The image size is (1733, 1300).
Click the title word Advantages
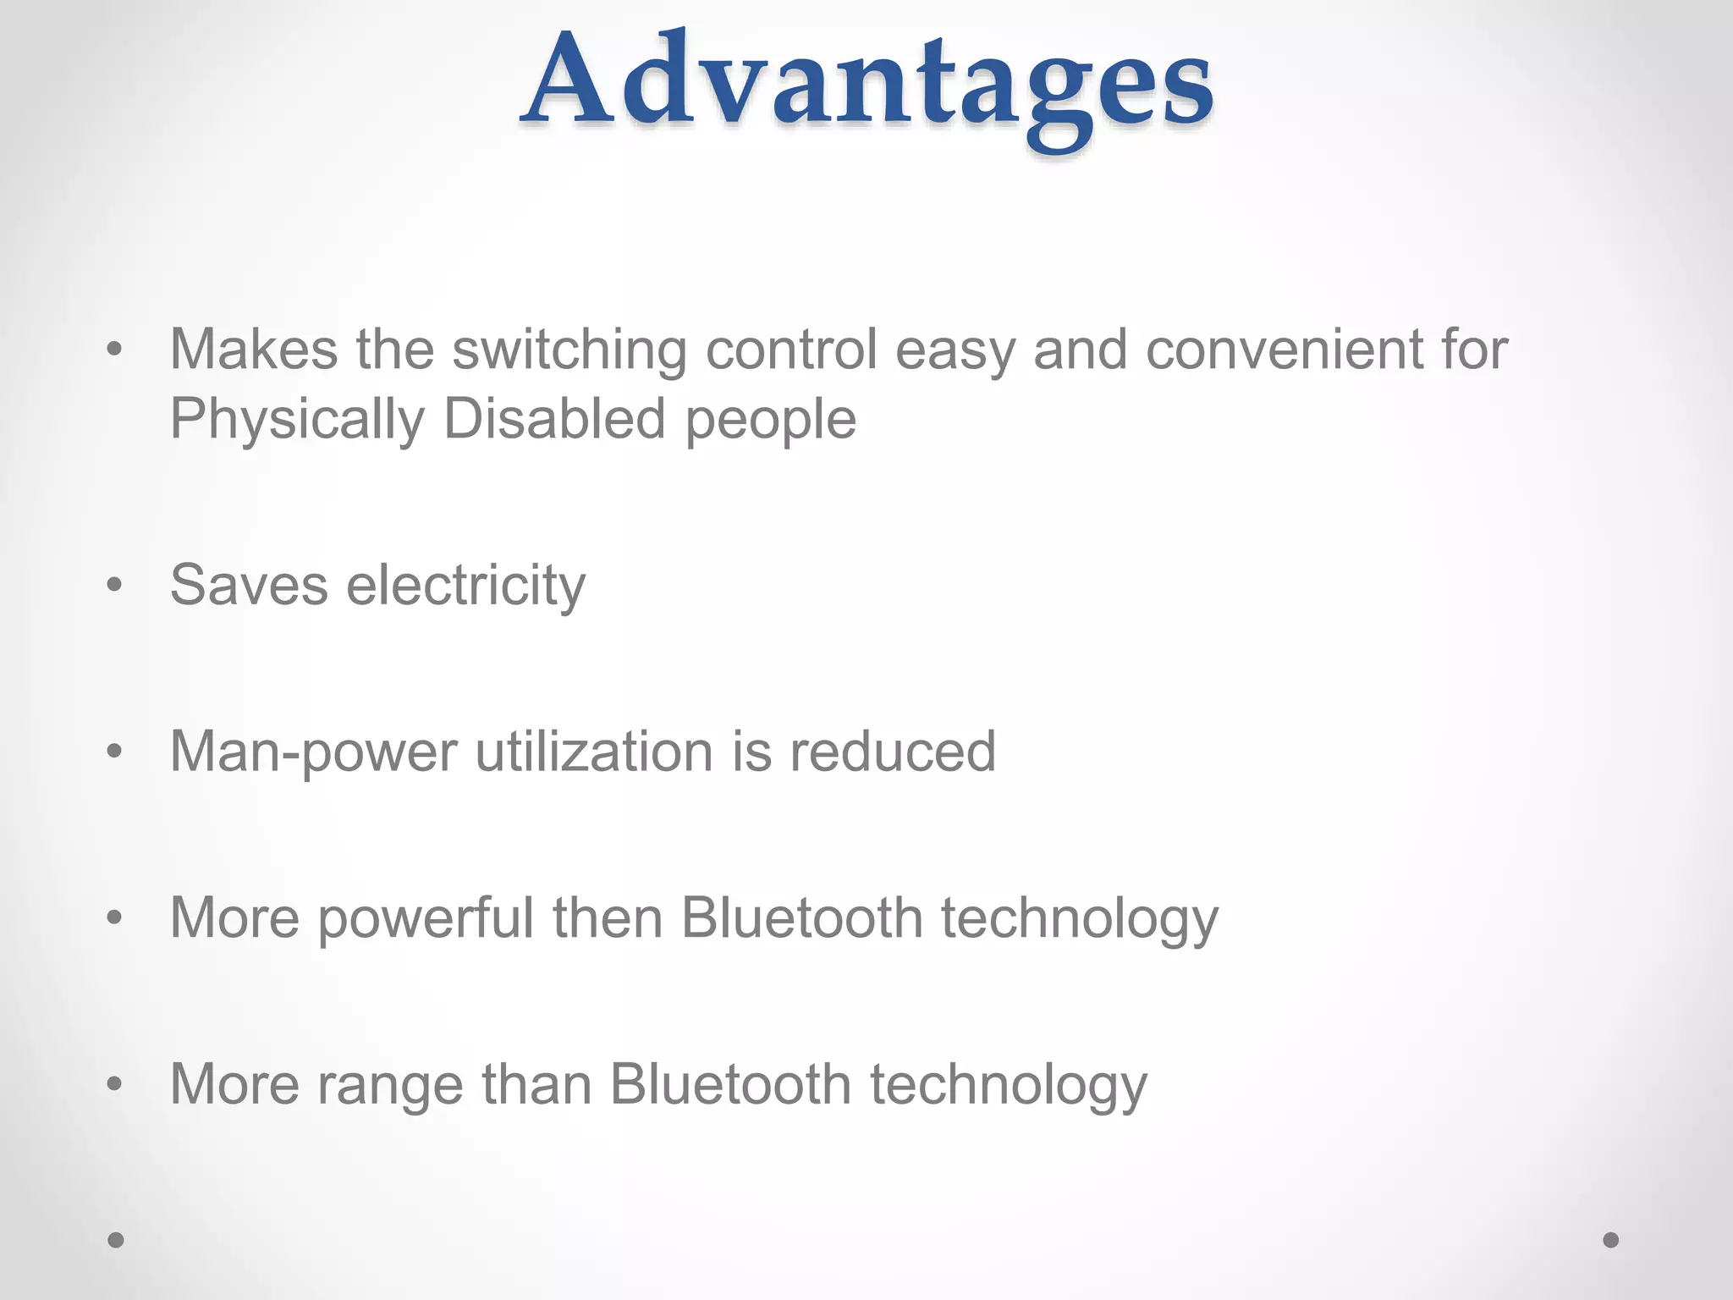pyautogui.click(x=866, y=85)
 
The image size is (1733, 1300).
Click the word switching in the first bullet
pyautogui.click(x=569, y=350)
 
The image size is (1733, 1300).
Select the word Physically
pyautogui.click(x=297, y=420)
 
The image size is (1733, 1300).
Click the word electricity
pyautogui.click(x=465, y=586)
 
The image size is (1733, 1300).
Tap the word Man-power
pyautogui.click(x=313, y=752)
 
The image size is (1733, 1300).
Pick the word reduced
pyautogui.click(x=892, y=752)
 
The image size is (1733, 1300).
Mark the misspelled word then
pyautogui.click(x=607, y=917)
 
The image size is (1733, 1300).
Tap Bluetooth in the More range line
pyautogui.click(x=730, y=1084)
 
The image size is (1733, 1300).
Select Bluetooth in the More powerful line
pyautogui.click(x=801, y=917)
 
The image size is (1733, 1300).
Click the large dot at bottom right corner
pyautogui.click(x=1611, y=1240)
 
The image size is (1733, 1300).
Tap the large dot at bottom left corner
pyautogui.click(x=116, y=1240)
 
